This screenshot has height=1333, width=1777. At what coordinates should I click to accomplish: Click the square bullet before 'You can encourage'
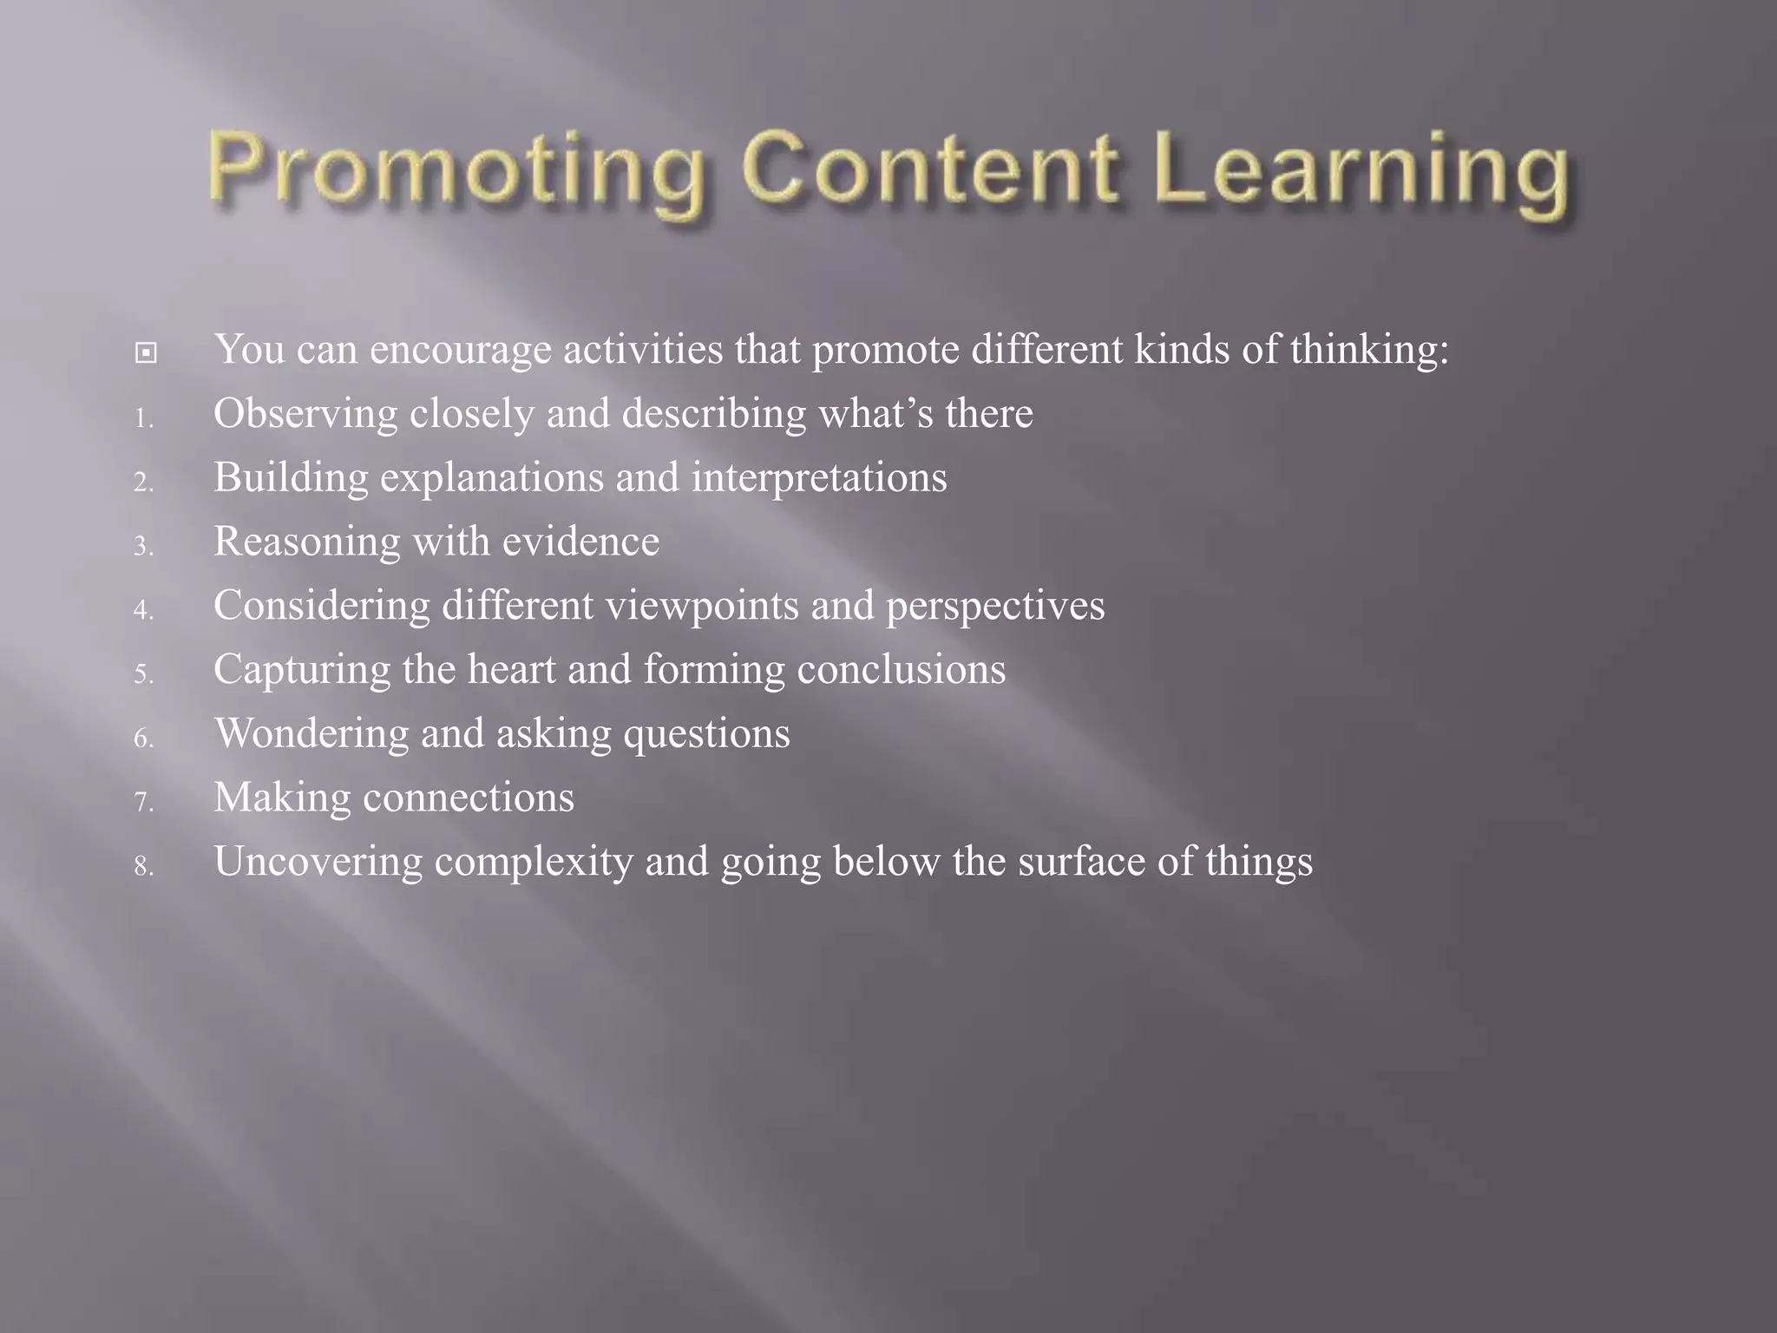pos(146,353)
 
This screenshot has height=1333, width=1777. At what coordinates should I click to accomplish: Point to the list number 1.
pos(143,419)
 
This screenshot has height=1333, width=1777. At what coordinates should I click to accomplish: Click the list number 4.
pos(143,611)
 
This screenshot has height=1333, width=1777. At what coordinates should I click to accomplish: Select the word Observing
pos(305,414)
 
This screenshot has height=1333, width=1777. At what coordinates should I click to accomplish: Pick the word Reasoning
pos(306,542)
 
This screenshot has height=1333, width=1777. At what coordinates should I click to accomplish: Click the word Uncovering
pos(318,862)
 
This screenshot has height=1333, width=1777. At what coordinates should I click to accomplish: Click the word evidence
pos(580,542)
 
